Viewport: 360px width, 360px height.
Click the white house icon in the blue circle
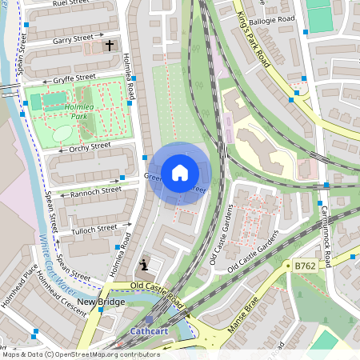pyautogui.click(x=179, y=172)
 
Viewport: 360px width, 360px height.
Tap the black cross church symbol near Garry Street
pyautogui.click(x=110, y=46)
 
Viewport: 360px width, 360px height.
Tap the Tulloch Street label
pyautogui.click(x=94, y=230)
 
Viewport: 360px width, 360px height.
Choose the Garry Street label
pyautogui.click(x=73, y=38)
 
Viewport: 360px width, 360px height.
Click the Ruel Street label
pyautogui.click(x=70, y=4)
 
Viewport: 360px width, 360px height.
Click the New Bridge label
pyautogui.click(x=101, y=302)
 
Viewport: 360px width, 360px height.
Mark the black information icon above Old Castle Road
pyautogui.click(x=144, y=264)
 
